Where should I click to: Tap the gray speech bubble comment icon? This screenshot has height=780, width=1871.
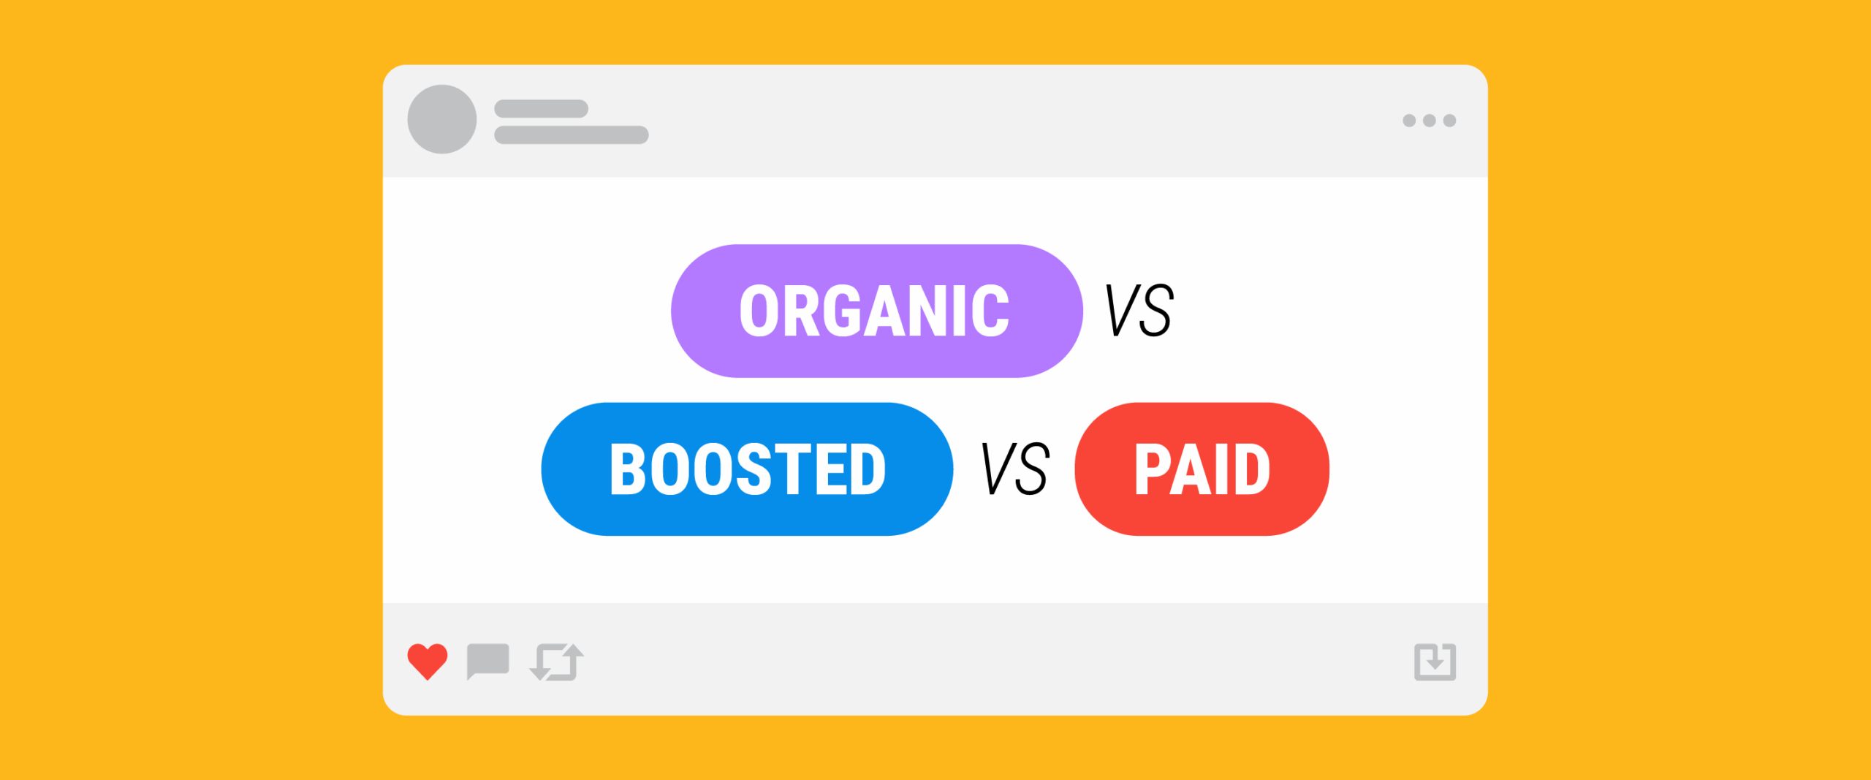487,661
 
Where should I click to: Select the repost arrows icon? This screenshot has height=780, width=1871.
556,662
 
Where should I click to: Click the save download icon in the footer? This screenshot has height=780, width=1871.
1435,662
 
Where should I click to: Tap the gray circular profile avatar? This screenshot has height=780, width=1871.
442,119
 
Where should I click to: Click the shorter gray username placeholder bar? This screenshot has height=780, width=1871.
542,109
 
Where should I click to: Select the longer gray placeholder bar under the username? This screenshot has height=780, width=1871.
572,135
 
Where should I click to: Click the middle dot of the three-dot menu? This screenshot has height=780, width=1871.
1430,121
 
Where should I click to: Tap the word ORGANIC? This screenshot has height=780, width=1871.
874,311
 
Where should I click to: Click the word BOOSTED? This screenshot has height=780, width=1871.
748,469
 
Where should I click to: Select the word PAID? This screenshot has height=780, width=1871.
1202,469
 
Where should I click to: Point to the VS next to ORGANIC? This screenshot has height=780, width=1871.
1139,311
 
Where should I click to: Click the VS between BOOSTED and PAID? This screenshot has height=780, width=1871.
1014,469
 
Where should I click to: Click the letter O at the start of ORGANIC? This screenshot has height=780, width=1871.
759,311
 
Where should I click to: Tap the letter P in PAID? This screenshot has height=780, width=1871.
1152,469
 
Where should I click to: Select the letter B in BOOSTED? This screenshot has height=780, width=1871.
628,469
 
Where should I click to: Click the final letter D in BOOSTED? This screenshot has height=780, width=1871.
869,469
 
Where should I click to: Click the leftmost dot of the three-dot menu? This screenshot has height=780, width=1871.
1409,121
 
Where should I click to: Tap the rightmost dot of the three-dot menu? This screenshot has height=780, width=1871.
1450,121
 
